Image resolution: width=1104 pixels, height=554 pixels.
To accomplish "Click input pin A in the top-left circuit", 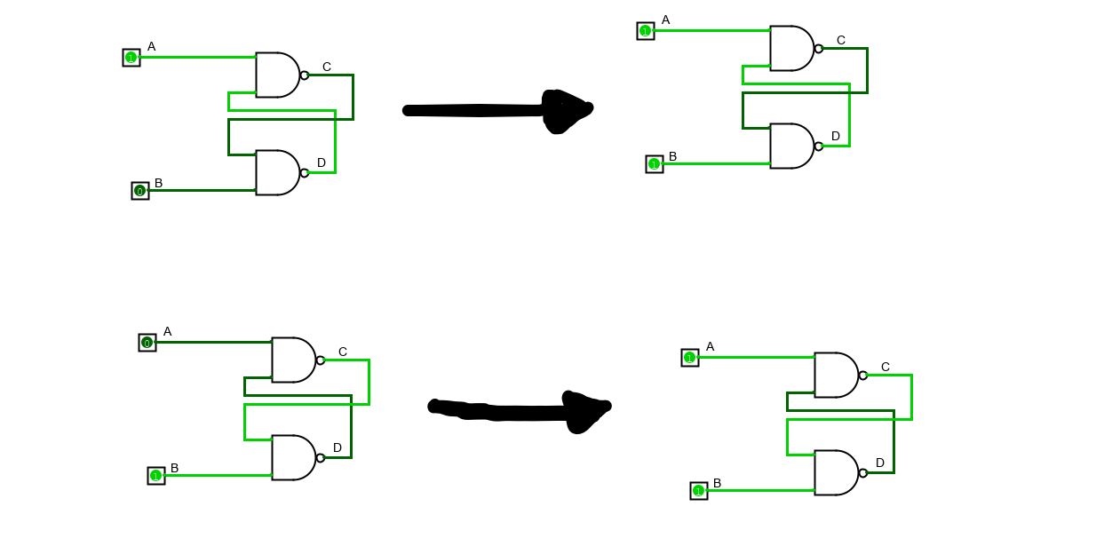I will click(131, 58).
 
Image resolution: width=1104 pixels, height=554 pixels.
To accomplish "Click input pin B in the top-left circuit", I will click(140, 191).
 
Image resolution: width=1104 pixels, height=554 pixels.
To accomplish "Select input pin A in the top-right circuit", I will click(646, 31).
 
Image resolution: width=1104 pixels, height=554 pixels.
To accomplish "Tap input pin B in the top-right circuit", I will click(655, 164).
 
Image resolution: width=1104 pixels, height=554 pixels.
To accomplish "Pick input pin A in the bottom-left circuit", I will click(147, 343).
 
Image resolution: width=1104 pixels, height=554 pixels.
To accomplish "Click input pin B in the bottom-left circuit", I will click(156, 476).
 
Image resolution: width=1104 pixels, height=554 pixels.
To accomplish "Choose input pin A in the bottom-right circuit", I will click(690, 358).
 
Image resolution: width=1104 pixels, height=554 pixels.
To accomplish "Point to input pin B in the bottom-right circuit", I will click(699, 491).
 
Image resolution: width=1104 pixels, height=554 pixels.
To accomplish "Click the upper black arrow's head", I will click(565, 110).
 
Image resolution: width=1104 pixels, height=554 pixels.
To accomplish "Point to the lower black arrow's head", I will click(586, 410).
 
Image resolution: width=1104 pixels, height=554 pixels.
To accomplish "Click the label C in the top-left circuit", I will click(327, 67).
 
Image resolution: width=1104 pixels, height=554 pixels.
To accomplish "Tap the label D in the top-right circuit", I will click(836, 136).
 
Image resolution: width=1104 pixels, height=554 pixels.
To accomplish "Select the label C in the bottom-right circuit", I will click(886, 367).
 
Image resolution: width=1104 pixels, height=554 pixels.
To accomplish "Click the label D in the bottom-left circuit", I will click(338, 447).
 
